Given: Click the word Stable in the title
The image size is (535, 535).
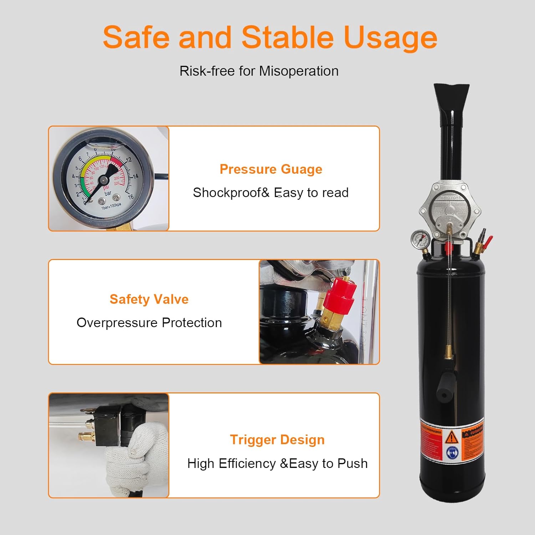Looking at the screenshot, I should tap(287, 37).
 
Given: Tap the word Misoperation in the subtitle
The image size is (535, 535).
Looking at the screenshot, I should tap(299, 71).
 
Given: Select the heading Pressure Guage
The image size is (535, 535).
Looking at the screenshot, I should tap(271, 169).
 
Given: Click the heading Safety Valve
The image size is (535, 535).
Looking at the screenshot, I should tap(149, 299).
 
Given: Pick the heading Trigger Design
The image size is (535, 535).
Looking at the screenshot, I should tap(277, 440).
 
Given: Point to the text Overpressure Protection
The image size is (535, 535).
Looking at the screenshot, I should tap(149, 323).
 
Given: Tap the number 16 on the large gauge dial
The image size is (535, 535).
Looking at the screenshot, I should tap(131, 197).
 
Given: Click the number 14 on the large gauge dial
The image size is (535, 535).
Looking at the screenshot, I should tap(135, 176).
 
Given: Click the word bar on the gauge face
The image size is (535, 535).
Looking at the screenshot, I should tap(108, 193).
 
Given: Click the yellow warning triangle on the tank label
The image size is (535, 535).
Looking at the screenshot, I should tap(452, 436).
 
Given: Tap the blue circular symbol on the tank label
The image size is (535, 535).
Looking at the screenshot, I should tap(452, 453).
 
